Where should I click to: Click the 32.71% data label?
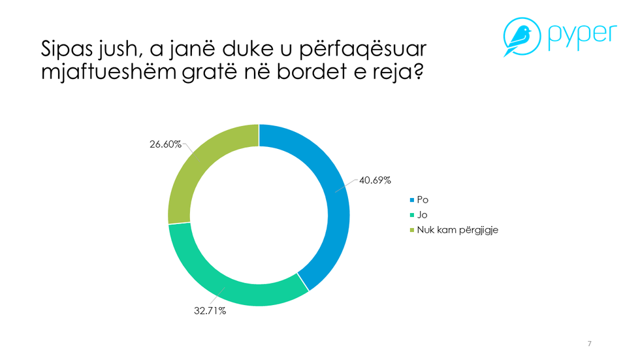pos(210,311)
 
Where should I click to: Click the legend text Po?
pos(423,199)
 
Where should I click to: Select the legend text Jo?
pos(422,214)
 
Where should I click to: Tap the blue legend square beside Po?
pos(411,199)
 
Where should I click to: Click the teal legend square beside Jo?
pos(411,214)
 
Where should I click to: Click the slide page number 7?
pos(590,343)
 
